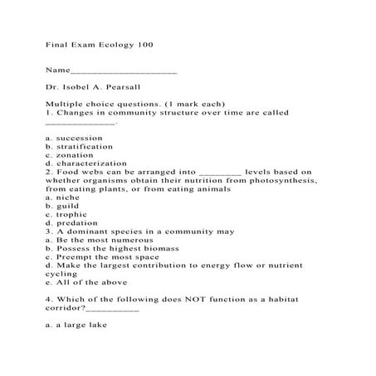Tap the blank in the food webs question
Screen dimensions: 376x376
coord(221,172)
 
